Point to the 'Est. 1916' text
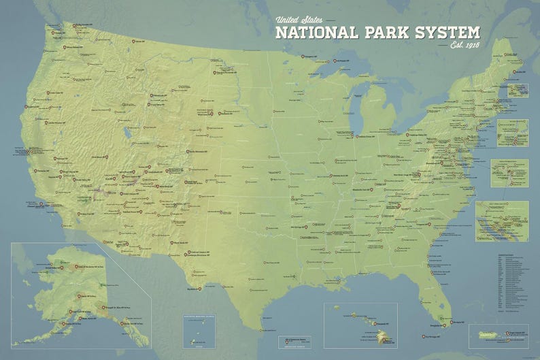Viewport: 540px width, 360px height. pyautogui.click(x=465, y=46)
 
